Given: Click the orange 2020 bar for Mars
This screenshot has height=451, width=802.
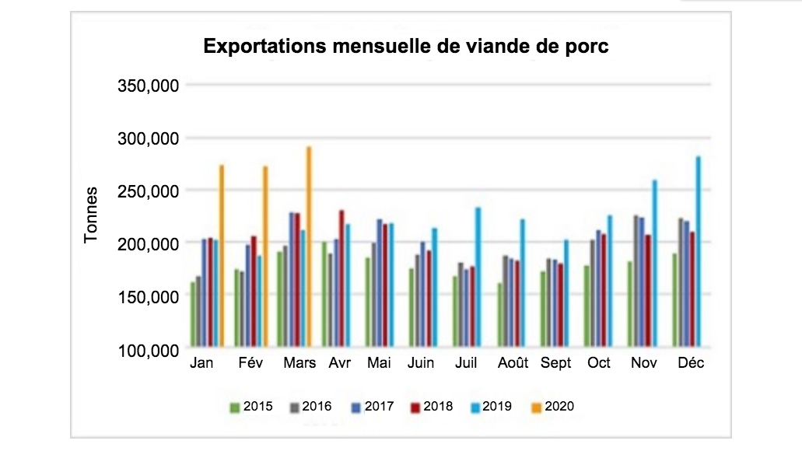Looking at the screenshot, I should pyautogui.click(x=309, y=249).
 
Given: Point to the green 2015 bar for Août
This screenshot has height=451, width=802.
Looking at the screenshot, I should pyautogui.click(x=500, y=316).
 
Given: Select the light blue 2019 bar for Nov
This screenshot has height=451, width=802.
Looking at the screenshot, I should pyautogui.click(x=654, y=264).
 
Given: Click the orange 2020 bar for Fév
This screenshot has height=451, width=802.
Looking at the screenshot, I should pyautogui.click(x=265, y=257).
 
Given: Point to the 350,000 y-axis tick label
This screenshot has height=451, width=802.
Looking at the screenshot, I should pyautogui.click(x=148, y=85).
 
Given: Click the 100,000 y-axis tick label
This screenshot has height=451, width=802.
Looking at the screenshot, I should pyautogui.click(x=148, y=350).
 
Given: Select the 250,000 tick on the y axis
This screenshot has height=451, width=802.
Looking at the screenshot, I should pyautogui.click(x=148, y=191).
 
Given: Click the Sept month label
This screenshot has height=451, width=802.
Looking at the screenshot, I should pyautogui.click(x=555, y=364).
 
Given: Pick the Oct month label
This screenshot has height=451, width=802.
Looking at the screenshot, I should pyautogui.click(x=599, y=364).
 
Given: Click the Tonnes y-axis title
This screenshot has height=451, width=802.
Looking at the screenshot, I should pyautogui.click(x=92, y=215).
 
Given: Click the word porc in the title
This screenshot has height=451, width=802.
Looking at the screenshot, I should pyautogui.click(x=590, y=47).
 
